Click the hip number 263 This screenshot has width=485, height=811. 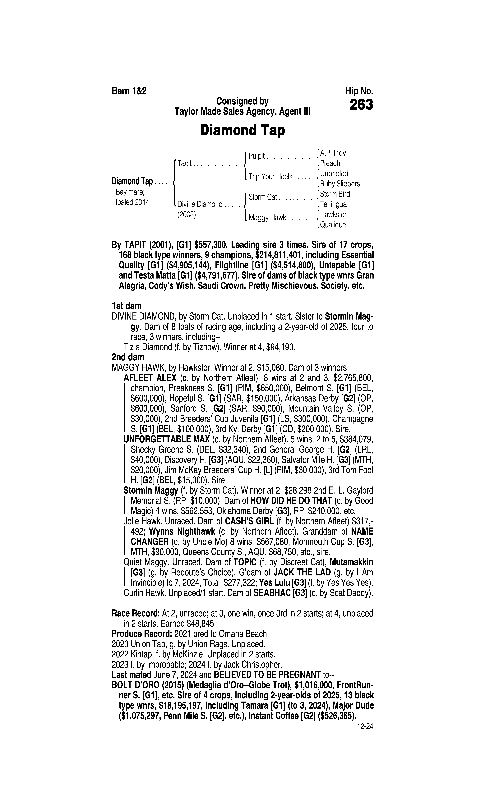(x=361, y=105)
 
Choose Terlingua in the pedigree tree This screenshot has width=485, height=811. (x=333, y=204)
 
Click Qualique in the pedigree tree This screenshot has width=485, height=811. (x=333, y=225)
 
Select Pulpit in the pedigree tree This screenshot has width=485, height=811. (x=257, y=156)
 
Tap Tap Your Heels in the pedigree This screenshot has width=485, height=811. (x=270, y=177)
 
